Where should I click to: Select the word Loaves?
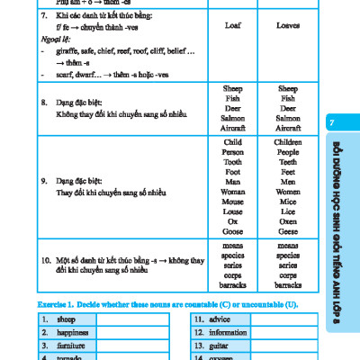click(x=288, y=26)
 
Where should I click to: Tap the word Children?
click(x=232, y=142)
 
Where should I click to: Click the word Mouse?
click(x=232, y=201)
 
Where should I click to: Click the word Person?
click(x=232, y=152)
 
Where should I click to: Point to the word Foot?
click(x=232, y=171)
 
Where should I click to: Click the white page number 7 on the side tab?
click(x=332, y=121)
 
